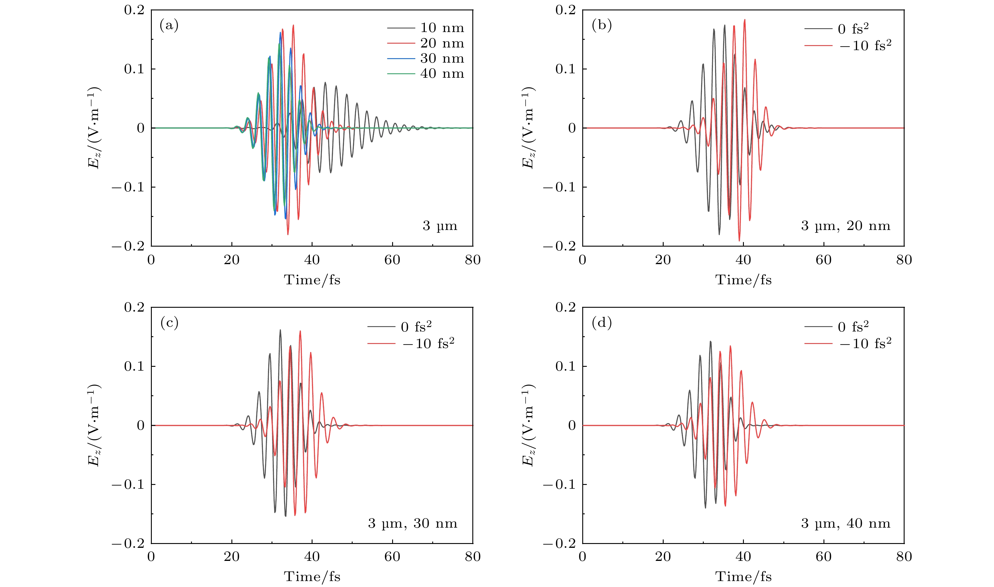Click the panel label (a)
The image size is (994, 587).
[x=169, y=26]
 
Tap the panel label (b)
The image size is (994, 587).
[x=602, y=26]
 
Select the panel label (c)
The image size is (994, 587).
[x=169, y=323]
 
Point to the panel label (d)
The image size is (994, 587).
[x=602, y=323]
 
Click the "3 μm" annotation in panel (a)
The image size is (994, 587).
[x=440, y=226]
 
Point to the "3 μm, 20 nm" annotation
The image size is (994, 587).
[x=845, y=226]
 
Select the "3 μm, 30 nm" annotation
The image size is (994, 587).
[x=413, y=523]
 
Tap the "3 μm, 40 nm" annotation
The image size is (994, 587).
[x=845, y=523]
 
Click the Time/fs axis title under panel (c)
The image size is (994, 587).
[x=312, y=577]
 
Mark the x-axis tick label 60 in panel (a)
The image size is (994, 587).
[x=392, y=260]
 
